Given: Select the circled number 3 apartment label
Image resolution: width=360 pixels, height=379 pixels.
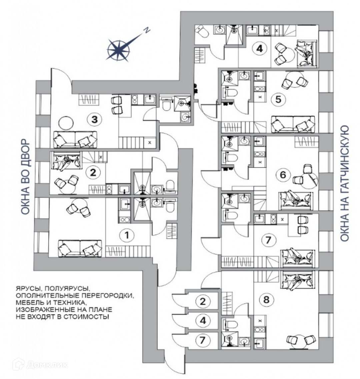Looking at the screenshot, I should coord(95,119).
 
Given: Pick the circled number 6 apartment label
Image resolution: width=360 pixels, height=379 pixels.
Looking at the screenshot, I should coord(283,175).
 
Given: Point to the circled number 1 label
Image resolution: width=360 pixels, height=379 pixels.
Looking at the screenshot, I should coord(126,235).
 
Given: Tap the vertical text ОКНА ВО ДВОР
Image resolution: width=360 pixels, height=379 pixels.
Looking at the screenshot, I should coord(26,179).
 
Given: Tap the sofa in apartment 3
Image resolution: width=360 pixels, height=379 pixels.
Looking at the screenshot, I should coord(75,139).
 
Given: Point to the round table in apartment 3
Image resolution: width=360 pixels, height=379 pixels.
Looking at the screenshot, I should coord(65,123).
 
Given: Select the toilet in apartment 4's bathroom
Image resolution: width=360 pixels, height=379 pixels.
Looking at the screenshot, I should coord(203,33).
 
